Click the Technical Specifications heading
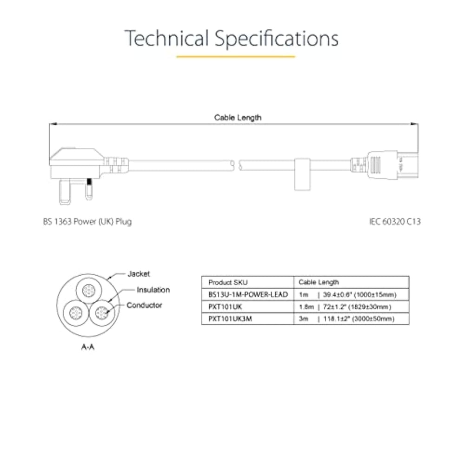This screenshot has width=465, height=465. pyautogui.click(x=232, y=39)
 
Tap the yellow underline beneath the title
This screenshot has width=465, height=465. pyautogui.click(x=236, y=56)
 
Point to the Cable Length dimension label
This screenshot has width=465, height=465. pyautogui.click(x=238, y=118)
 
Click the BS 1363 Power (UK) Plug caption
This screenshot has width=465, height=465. pyautogui.click(x=87, y=221)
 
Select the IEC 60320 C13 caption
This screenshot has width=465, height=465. pyautogui.click(x=395, y=221)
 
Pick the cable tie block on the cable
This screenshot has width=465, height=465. pyautogui.click(x=302, y=174)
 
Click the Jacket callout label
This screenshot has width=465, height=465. pyautogui.click(x=139, y=274)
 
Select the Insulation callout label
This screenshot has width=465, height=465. pyautogui.click(x=153, y=290)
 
